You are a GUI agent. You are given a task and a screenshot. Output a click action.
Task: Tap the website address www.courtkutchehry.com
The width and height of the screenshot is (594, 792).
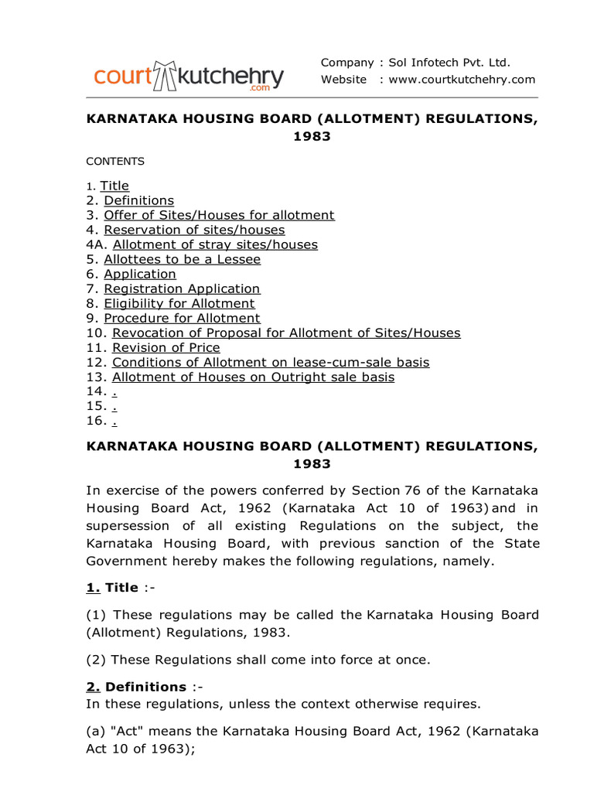[x=462, y=80]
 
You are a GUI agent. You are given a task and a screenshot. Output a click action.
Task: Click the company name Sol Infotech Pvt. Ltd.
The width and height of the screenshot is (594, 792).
[x=449, y=63]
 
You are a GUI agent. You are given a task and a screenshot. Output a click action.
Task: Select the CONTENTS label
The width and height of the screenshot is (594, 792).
[x=114, y=162]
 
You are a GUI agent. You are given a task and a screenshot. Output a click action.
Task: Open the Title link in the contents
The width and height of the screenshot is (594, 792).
[x=114, y=186]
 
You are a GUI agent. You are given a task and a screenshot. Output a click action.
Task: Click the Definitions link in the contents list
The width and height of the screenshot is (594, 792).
[x=138, y=200]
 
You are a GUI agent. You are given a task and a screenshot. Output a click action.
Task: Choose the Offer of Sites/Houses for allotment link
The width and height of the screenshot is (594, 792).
[x=219, y=215]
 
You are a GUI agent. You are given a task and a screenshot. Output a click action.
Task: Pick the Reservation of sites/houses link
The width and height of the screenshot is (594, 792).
[x=194, y=230]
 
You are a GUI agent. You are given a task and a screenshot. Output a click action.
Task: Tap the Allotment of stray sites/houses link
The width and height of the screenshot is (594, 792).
[x=214, y=244]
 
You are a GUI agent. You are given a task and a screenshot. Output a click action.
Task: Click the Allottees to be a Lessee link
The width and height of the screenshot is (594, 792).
[x=182, y=259]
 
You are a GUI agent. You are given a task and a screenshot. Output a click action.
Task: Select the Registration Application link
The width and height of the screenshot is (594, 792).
[x=182, y=288]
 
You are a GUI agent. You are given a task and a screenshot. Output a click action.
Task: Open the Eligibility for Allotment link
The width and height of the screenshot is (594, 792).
[x=179, y=303]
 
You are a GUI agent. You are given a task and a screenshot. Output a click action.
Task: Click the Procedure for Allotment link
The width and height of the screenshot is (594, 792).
[x=182, y=318]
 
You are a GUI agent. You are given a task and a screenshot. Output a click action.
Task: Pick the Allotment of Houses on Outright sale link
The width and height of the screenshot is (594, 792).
[x=253, y=377]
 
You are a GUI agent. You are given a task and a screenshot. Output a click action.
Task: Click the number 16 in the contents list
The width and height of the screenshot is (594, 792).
[x=95, y=422]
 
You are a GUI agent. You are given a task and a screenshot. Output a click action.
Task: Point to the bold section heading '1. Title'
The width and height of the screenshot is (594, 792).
[x=111, y=588]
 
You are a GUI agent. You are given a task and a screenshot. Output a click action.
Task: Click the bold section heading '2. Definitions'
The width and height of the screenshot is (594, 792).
[x=136, y=687]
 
